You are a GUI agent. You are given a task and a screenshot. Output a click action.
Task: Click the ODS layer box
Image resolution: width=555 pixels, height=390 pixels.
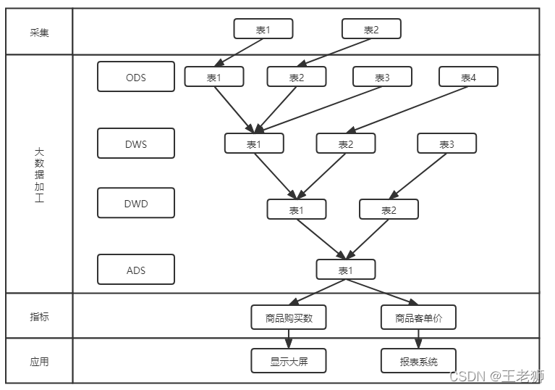(136, 77)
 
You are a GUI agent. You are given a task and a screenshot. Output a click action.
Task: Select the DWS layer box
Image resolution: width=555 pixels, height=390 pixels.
(136, 144)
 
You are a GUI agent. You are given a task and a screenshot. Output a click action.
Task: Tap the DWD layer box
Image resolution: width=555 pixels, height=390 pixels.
(136, 203)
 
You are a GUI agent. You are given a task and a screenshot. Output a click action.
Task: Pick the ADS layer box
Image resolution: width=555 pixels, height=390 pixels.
(136, 270)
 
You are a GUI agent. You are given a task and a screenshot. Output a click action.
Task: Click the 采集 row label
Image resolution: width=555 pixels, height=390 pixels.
(39, 33)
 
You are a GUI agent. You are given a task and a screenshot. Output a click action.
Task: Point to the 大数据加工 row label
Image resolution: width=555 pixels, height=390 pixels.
(39, 175)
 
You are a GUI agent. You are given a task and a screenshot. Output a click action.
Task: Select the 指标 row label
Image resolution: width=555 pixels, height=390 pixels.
(39, 317)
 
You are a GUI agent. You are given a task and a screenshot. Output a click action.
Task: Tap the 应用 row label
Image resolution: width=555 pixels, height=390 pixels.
(39, 362)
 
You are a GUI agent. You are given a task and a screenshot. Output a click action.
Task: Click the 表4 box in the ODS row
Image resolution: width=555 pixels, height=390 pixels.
(468, 77)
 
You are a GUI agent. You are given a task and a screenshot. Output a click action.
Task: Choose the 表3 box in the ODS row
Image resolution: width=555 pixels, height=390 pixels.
(382, 77)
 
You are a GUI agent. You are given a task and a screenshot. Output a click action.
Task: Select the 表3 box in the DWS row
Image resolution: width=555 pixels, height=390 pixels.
(446, 144)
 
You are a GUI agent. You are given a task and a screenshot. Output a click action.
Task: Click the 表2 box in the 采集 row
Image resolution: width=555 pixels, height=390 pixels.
(371, 29)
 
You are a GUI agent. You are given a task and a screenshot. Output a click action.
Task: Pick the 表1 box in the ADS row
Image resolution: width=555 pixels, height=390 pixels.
(346, 270)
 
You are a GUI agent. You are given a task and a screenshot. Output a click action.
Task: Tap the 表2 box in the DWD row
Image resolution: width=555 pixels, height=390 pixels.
(389, 209)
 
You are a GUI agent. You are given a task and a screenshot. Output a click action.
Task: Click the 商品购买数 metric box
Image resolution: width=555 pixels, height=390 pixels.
(289, 318)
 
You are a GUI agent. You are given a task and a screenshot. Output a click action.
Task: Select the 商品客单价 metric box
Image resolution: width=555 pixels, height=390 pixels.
(418, 318)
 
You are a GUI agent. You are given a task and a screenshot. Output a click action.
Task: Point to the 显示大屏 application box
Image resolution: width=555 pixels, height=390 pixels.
(289, 361)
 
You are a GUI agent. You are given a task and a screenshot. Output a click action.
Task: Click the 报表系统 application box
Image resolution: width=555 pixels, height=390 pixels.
(418, 361)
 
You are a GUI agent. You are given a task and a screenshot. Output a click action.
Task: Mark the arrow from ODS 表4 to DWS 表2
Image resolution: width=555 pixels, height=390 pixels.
(407, 109)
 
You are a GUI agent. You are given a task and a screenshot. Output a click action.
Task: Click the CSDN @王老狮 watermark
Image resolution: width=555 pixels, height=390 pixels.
(496, 376)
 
